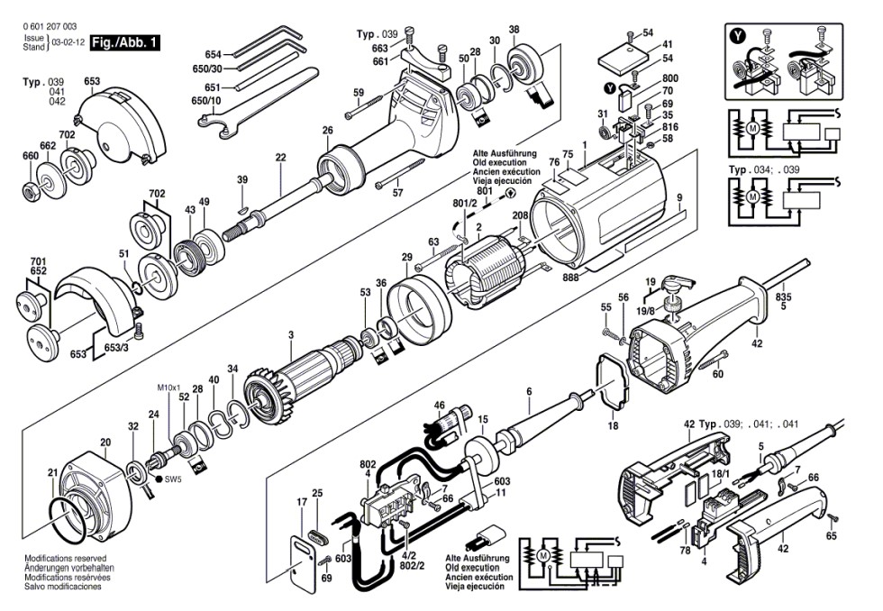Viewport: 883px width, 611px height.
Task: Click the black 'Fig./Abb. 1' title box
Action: (125, 42)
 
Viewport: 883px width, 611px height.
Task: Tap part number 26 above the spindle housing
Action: (328, 130)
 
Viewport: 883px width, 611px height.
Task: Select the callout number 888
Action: (571, 278)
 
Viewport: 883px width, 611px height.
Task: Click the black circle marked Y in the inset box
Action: (738, 37)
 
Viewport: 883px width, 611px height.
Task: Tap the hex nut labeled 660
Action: (31, 189)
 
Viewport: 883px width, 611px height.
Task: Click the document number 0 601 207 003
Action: (50, 26)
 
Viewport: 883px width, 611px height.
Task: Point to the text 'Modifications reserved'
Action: (65, 559)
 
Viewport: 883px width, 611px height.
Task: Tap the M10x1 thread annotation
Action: (168, 388)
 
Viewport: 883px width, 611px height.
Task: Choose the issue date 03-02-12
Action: (68, 42)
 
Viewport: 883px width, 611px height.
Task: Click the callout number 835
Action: (783, 296)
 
